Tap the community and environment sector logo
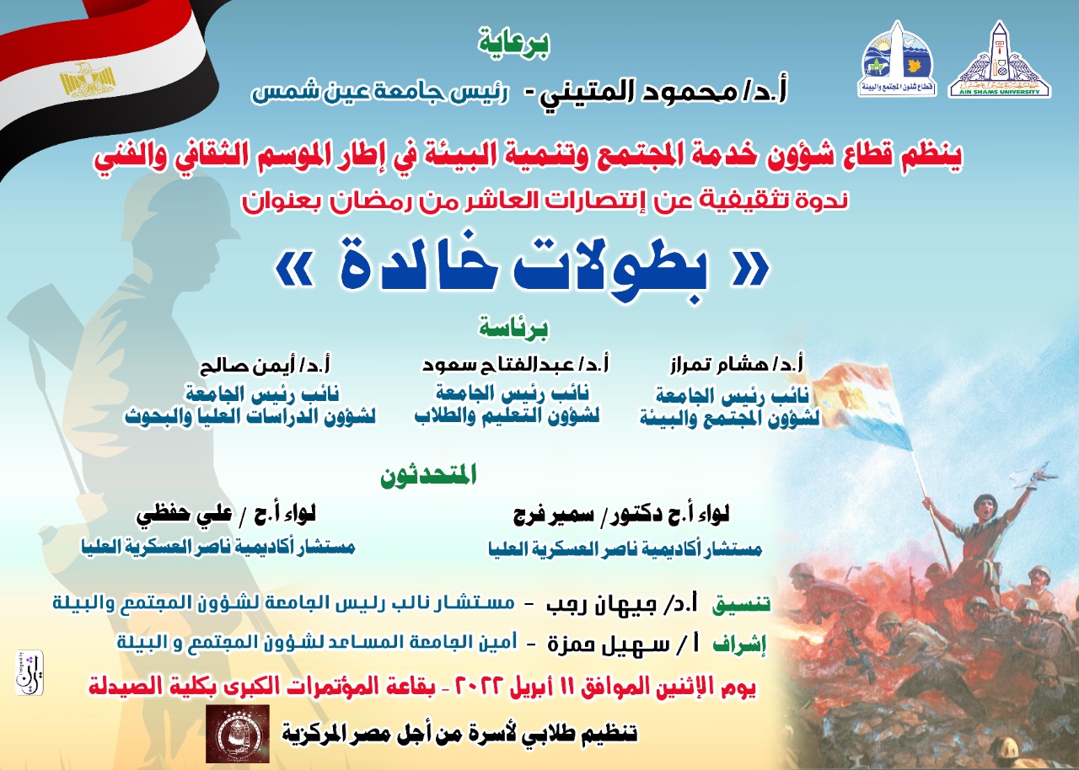pyautogui.click(x=897, y=59)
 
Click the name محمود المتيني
pyautogui.click(x=641, y=93)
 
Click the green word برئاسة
pyautogui.click(x=513, y=329)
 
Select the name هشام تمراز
pyautogui.click(x=717, y=365)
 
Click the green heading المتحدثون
pyautogui.click(x=428, y=475)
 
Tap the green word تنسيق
pyautogui.click(x=741, y=604)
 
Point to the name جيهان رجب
pyautogui.click(x=601, y=604)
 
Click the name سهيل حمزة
pyautogui.click(x=608, y=644)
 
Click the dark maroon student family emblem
pyautogui.click(x=238, y=734)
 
